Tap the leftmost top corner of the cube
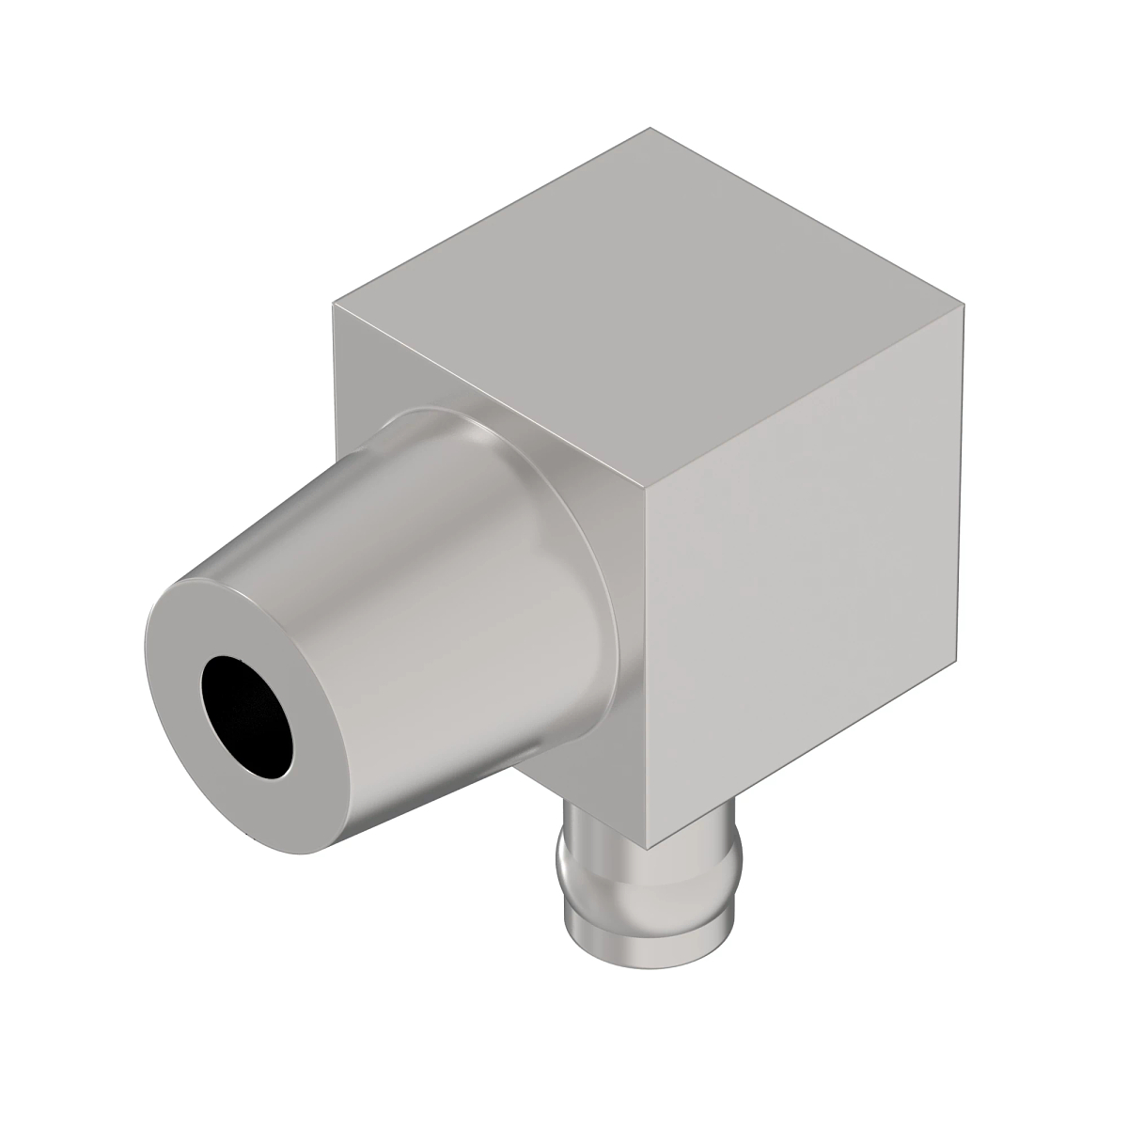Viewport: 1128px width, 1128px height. click(334, 304)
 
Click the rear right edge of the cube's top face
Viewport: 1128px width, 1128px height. click(808, 216)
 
